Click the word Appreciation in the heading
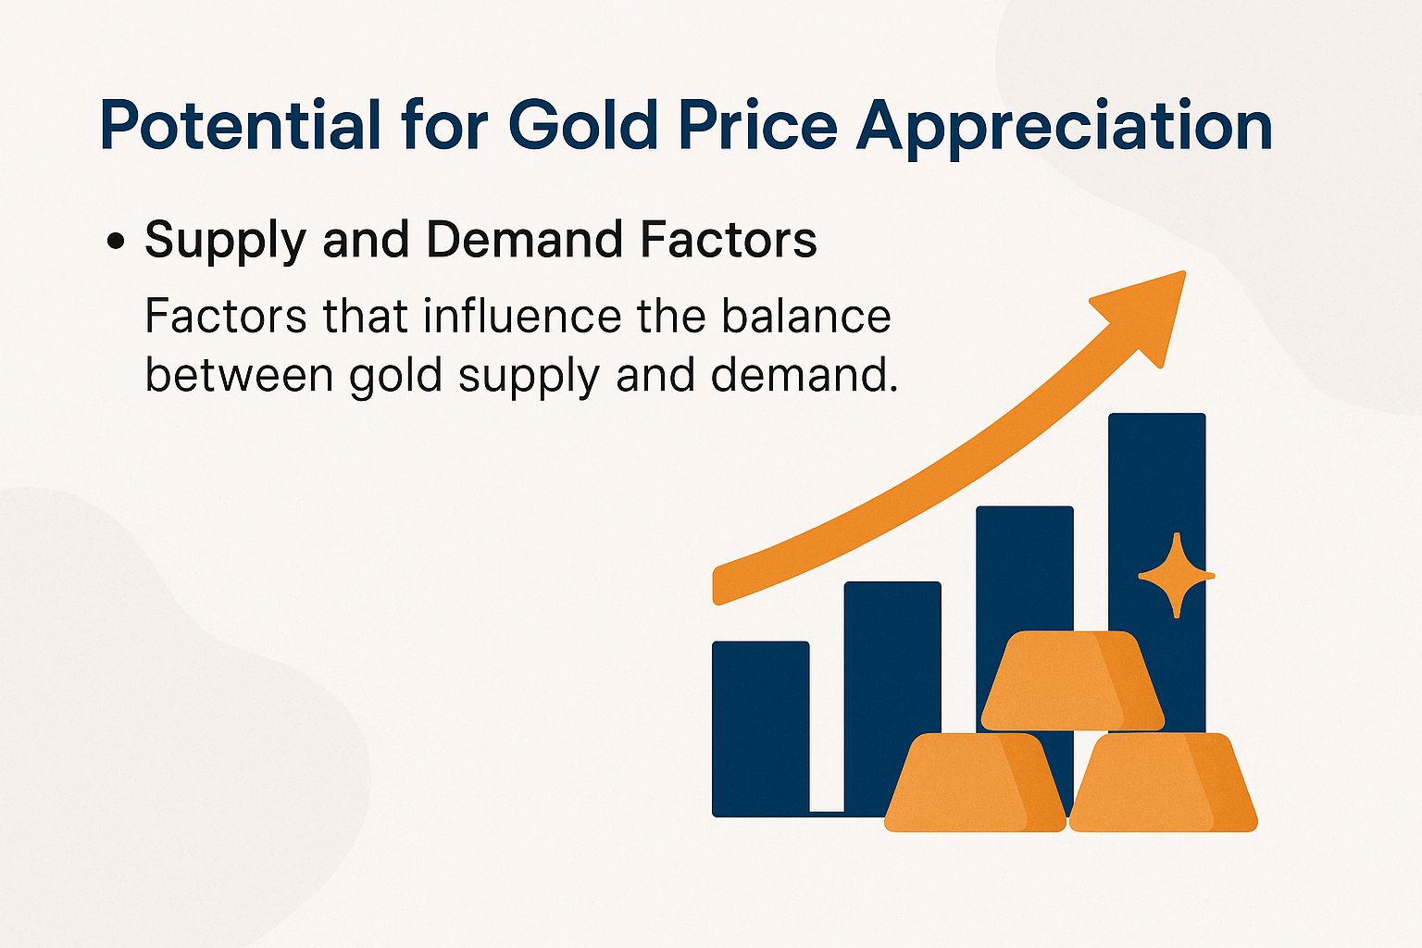tap(1064, 127)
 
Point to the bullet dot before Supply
tap(116, 243)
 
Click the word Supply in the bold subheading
tap(225, 241)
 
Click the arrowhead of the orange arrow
tap(1148, 310)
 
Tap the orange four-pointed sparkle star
tap(1176, 575)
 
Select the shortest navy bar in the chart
tap(760, 727)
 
